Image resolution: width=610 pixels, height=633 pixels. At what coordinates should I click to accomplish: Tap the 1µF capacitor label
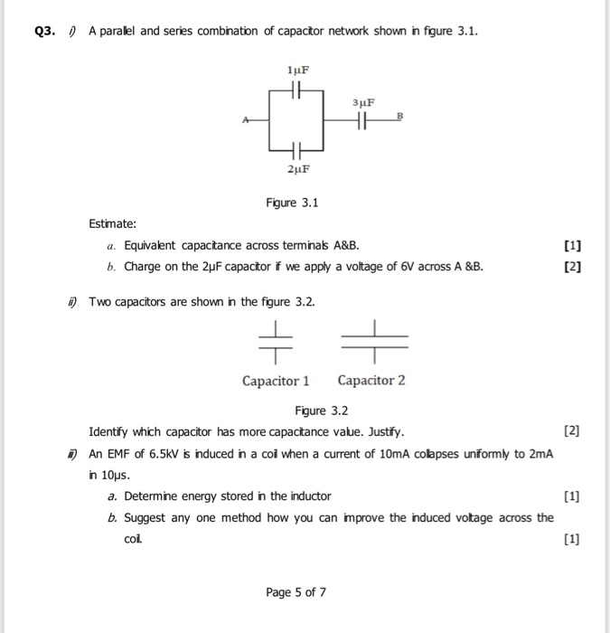297,70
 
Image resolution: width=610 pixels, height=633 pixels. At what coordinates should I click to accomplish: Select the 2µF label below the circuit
297,168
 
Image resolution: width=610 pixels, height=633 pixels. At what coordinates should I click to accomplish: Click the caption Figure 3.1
296,203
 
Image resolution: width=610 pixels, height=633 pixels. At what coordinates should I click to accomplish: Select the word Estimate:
113,223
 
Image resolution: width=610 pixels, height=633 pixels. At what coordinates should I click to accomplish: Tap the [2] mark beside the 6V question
571,267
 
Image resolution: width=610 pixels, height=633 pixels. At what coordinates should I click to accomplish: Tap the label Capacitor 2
371,381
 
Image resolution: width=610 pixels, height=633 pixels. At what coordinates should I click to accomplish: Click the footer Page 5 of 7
296,592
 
